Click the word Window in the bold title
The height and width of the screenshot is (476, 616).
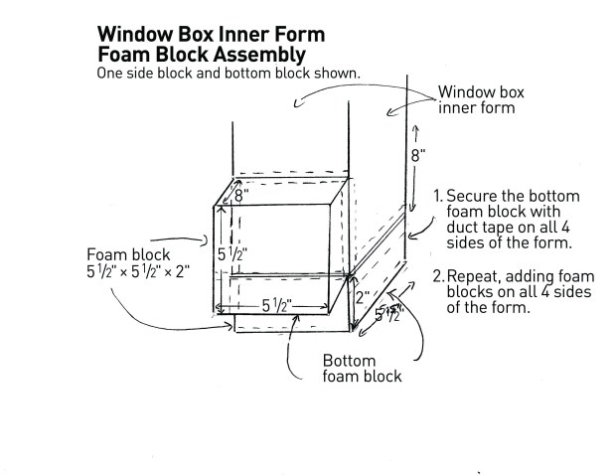137,34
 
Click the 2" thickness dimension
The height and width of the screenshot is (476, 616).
364,296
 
